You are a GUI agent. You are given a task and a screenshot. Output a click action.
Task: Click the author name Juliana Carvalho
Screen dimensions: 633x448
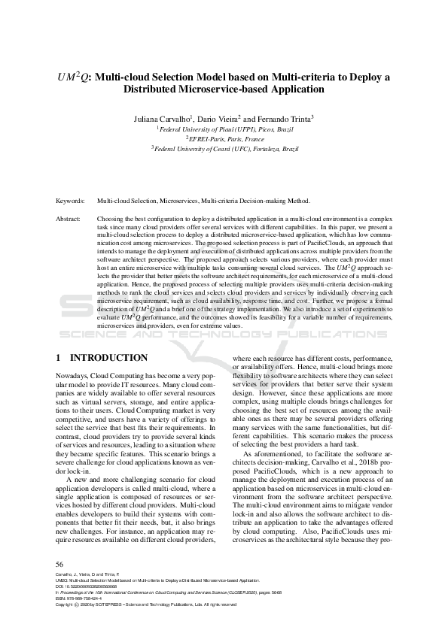165,118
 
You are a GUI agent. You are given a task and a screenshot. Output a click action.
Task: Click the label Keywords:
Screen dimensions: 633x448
72,201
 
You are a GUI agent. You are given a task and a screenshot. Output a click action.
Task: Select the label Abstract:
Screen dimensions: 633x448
69,218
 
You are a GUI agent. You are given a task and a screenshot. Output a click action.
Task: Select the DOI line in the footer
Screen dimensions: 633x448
83,587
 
